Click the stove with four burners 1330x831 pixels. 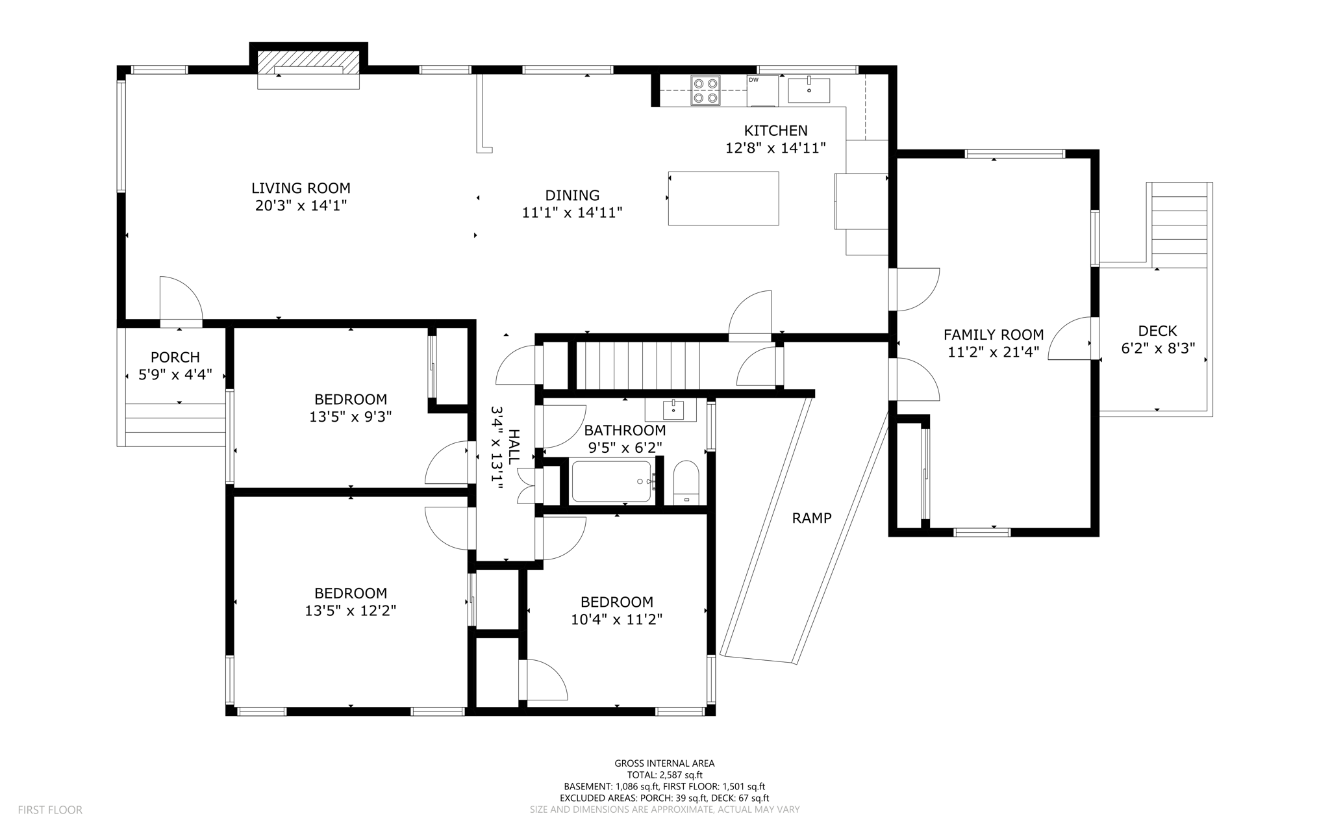pos(705,90)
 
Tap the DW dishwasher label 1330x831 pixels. pos(753,80)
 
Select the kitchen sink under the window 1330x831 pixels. pos(809,90)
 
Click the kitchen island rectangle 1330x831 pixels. pos(723,198)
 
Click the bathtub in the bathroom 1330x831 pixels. pos(611,481)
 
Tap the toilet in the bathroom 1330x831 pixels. pos(686,481)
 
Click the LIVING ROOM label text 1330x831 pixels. pos(301,188)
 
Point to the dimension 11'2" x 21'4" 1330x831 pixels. pos(993,352)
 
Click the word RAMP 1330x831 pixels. pos(811,518)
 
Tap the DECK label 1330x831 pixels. pos(1157,331)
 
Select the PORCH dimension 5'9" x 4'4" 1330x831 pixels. pos(175,375)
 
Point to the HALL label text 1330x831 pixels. pos(514,447)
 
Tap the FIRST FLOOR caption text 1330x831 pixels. pos(50,810)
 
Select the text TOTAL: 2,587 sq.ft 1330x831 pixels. pos(664,774)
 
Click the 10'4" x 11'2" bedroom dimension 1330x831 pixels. pos(616,619)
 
